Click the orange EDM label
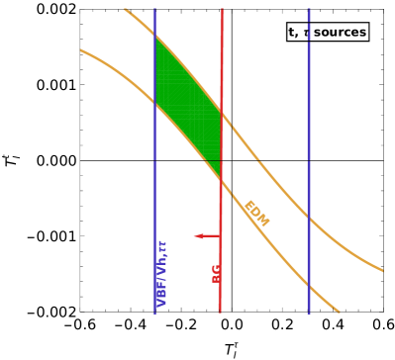[x=256, y=213]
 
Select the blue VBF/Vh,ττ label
[x=161, y=273]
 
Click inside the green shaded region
[x=187, y=108]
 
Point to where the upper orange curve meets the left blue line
[x=155, y=37]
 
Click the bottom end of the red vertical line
[x=221, y=313]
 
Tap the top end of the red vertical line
[x=221, y=10]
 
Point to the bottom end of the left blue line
[x=155, y=313]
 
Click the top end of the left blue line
[x=155, y=10]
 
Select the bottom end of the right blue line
[x=309, y=313]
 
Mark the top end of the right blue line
[x=309, y=10]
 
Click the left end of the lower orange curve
[x=81, y=49]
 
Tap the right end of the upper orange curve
[x=382, y=269]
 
